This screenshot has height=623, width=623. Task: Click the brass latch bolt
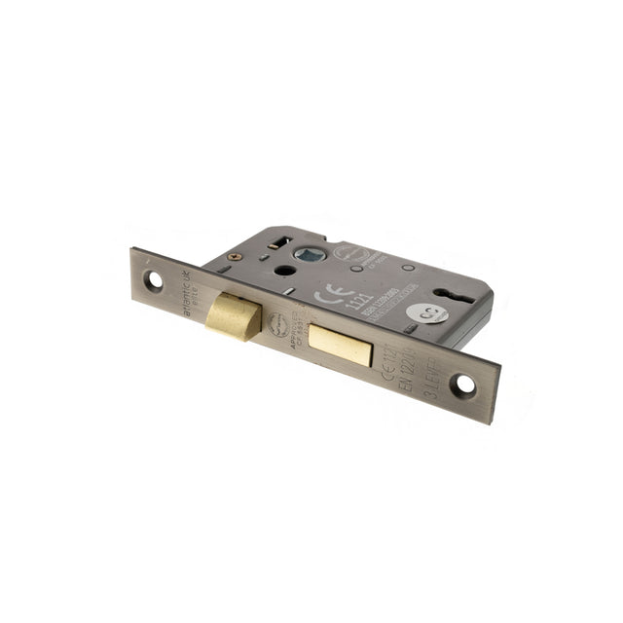234,316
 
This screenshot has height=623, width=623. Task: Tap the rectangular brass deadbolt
340,343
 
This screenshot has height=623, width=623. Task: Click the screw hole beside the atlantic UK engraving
154,279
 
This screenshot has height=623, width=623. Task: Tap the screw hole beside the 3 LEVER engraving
464,385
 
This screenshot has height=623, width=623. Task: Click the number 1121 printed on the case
359,301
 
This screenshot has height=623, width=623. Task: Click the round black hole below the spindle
283,271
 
